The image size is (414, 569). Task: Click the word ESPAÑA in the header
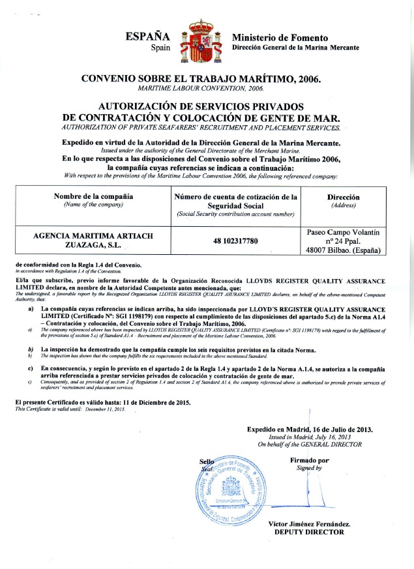[148, 36]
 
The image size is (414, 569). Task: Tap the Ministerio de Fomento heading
[280, 38]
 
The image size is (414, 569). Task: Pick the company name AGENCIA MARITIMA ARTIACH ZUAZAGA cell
[89, 241]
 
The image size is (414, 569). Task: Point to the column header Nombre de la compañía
[89, 196]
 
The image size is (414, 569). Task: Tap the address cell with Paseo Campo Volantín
[345, 241]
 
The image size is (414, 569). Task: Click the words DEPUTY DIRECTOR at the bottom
[308, 532]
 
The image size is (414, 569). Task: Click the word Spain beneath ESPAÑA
[160, 48]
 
